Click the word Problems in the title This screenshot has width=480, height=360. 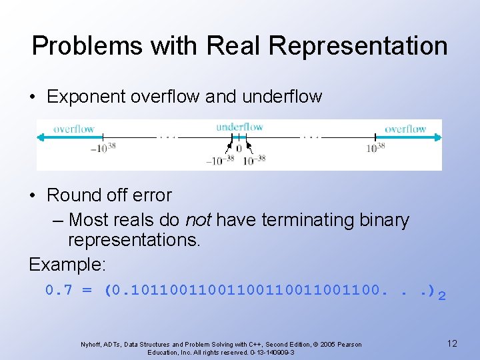point(86,46)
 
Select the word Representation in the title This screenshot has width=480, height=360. point(359,46)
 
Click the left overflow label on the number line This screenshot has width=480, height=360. point(74,129)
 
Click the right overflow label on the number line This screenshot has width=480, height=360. point(405,129)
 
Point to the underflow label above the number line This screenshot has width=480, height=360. point(239,127)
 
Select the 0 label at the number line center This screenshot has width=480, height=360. point(239,148)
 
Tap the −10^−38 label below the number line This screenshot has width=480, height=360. point(220,160)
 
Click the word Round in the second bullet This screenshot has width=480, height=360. point(71,195)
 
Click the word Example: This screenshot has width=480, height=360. point(67,264)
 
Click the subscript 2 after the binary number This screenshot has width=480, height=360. point(441,295)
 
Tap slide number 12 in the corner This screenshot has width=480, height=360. point(452,343)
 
